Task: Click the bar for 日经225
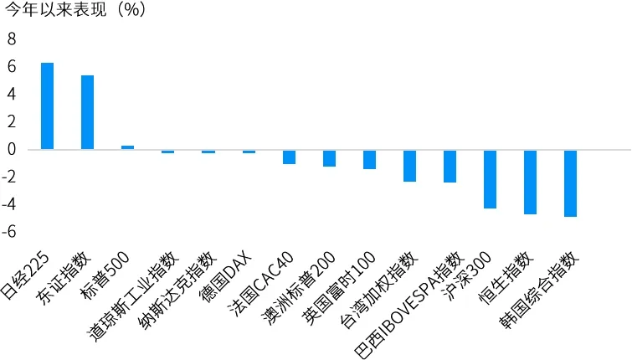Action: tap(47, 106)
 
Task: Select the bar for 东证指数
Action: tap(87, 112)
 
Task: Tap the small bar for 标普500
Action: tap(128, 147)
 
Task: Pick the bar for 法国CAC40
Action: tap(289, 157)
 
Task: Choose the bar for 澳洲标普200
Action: tap(329, 158)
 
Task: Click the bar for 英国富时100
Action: tap(370, 159)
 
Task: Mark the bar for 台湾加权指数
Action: tap(410, 166)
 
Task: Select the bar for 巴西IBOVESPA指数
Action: tap(450, 166)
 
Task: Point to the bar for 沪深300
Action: tap(491, 179)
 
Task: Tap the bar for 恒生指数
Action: tap(531, 182)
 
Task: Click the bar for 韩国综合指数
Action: tap(571, 183)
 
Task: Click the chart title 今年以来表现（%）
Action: tap(76, 9)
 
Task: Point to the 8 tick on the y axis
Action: tap(11, 39)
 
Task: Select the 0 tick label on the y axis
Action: tap(11, 149)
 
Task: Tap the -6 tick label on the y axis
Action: tap(8, 232)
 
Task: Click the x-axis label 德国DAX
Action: tap(225, 279)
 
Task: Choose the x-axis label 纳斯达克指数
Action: tap(180, 290)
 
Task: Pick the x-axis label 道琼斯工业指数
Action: tap(134, 296)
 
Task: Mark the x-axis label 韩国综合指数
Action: tap(539, 289)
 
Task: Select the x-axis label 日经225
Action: tap(26, 277)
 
